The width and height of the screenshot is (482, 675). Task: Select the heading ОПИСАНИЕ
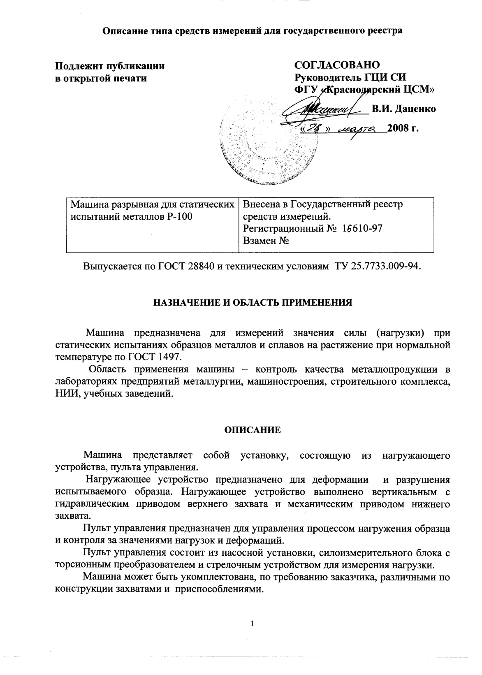click(x=252, y=430)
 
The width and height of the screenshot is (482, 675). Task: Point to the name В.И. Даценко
click(x=404, y=109)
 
